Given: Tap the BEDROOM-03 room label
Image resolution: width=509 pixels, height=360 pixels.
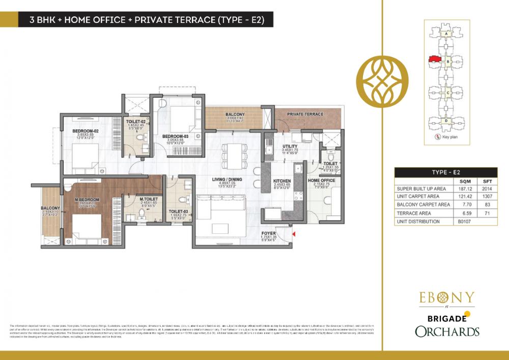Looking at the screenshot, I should tap(176, 136).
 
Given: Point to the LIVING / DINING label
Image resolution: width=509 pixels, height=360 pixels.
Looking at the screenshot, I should tap(227, 179).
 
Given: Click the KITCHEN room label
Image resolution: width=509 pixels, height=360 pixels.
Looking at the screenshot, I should tap(281, 181).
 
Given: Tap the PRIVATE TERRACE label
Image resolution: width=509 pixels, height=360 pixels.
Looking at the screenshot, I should tap(305, 114).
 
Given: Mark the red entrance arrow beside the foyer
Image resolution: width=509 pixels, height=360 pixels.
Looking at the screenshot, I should tap(294, 233).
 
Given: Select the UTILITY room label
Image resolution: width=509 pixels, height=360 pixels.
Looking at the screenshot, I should tap(290, 147).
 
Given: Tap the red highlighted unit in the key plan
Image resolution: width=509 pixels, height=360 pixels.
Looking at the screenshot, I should tap(434, 60).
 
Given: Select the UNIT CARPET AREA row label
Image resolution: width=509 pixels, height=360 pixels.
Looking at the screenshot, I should tap(418, 196).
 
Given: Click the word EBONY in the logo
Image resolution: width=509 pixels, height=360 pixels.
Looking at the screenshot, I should tap(447, 297).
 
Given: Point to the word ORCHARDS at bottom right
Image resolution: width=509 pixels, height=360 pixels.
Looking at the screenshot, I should tap(447, 331).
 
